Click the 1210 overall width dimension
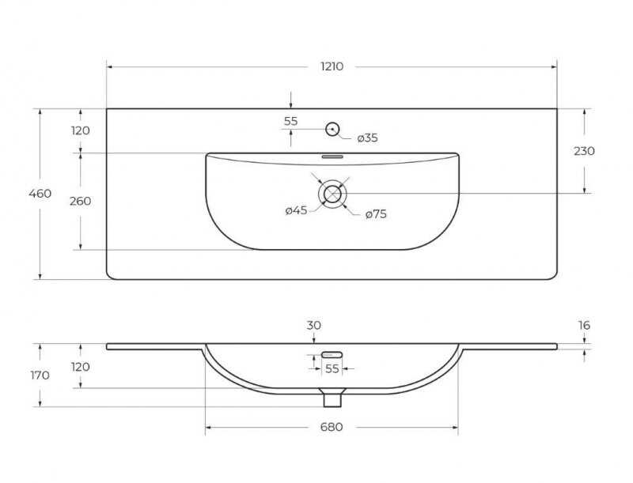coord(332,66)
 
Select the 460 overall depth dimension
coord(40,194)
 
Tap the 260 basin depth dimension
coord(81,201)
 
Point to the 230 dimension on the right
coord(584,151)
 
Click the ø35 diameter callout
coord(367,138)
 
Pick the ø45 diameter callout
coord(296,210)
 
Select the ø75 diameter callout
coord(376,213)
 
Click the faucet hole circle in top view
coord(332,129)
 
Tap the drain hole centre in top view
coord(332,194)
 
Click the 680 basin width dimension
coord(332,427)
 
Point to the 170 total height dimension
coord(40,375)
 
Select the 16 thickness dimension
coord(584,325)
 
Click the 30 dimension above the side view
coord(313,325)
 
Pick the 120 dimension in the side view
coord(81,367)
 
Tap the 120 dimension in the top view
coord(81,130)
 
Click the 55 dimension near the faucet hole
coord(290,121)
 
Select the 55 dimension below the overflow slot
coord(332,368)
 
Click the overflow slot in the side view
coord(332,355)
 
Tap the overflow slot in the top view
coord(332,157)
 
